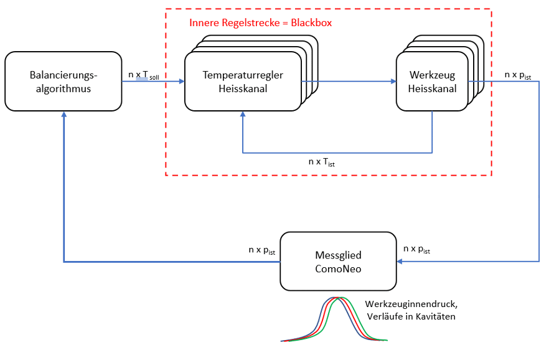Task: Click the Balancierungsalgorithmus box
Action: [x=62, y=81]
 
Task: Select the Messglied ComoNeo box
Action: [x=338, y=261]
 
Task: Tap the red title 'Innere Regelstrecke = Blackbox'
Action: [x=260, y=23]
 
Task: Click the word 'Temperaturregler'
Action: [x=243, y=75]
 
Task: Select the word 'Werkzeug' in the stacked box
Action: [x=432, y=75]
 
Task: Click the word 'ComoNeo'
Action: [x=338, y=268]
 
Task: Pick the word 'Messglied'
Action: [x=338, y=255]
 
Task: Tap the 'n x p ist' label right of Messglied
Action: [x=416, y=249]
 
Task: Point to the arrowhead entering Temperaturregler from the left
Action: [x=181, y=82]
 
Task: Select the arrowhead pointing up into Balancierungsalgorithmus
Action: [x=64, y=115]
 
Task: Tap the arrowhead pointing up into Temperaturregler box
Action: [x=243, y=115]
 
